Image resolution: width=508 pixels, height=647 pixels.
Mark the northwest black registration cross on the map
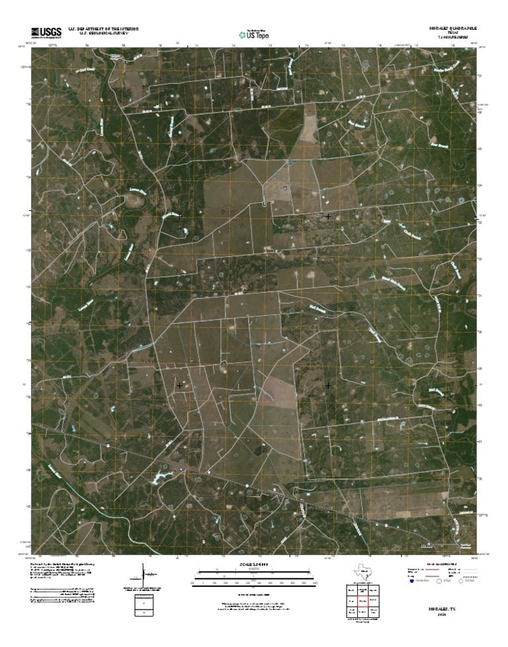pos(179,216)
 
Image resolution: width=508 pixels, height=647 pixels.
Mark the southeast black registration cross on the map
pos(328,385)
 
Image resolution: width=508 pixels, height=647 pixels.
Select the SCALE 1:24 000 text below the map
pos(254,565)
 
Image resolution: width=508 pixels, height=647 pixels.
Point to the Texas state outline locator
pos(362,573)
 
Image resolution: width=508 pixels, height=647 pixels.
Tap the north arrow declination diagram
pos(144,574)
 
